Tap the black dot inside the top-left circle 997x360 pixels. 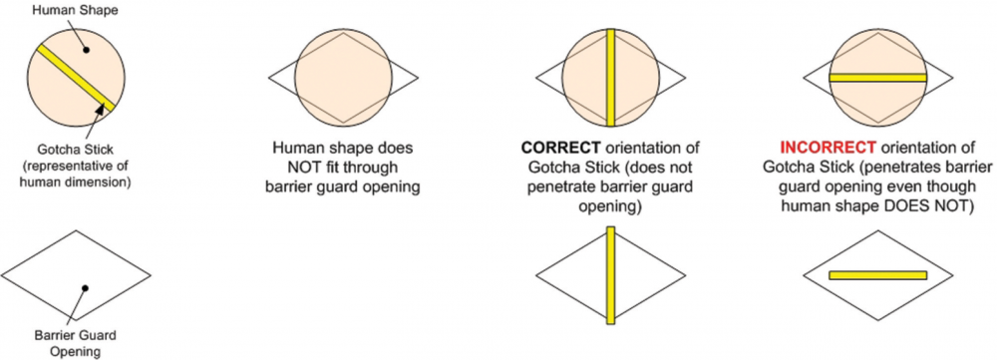coord(88,51)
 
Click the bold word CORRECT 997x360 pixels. coord(546,149)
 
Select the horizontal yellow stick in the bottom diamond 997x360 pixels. coord(878,275)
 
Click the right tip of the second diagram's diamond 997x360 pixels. coord(418,78)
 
